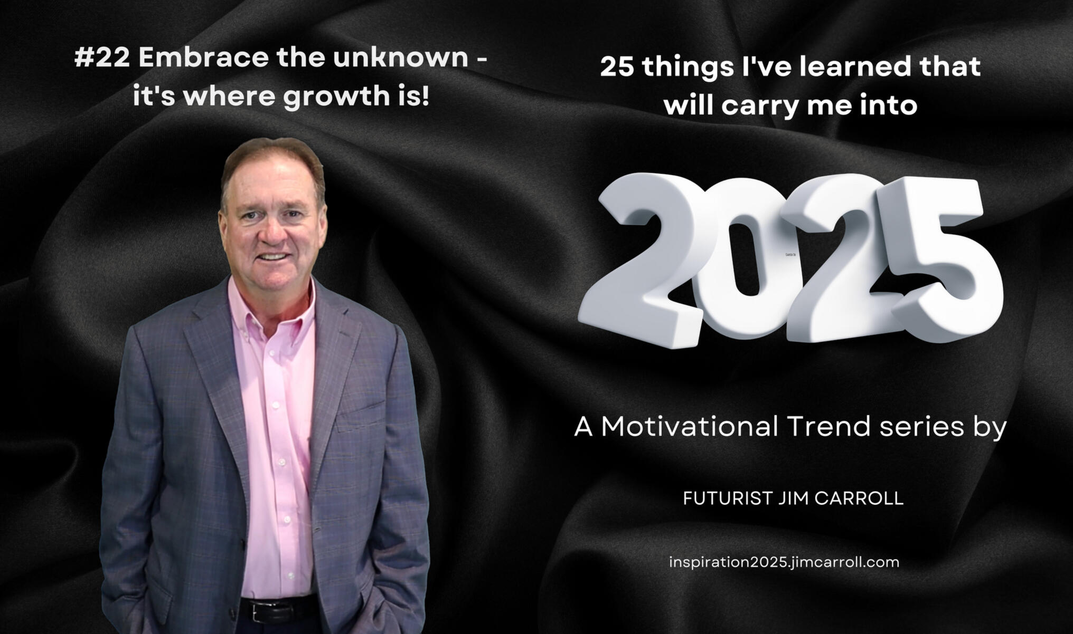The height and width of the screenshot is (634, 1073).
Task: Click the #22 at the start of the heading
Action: pos(102,57)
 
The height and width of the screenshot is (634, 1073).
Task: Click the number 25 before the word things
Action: pos(618,67)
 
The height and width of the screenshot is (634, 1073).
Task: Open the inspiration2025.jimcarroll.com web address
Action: pos(784,562)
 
